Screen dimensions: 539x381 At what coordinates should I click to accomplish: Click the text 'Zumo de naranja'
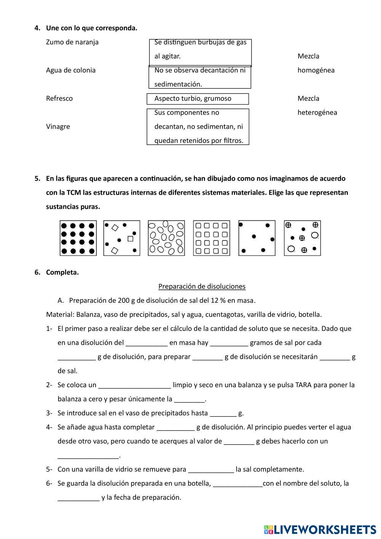click(x=72, y=42)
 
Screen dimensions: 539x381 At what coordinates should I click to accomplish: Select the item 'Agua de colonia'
click(x=71, y=70)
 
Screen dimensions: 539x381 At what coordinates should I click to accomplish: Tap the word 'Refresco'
click(x=59, y=98)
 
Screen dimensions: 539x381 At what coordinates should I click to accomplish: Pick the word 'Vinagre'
click(x=58, y=127)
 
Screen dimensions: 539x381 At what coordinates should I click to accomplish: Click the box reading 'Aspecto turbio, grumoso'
click(x=198, y=99)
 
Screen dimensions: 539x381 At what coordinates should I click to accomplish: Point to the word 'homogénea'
click(x=316, y=70)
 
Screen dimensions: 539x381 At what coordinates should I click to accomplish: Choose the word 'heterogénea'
click(x=317, y=112)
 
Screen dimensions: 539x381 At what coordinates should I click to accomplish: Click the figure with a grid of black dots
click(x=78, y=238)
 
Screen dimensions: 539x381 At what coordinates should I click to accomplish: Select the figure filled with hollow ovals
click(x=166, y=238)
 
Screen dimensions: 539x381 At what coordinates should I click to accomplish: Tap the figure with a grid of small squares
click(x=211, y=238)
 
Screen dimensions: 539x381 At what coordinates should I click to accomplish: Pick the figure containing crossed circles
click(x=303, y=238)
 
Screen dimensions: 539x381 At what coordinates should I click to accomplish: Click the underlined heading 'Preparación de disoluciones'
click(x=202, y=286)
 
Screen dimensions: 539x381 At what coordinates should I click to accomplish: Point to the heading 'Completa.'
click(x=62, y=272)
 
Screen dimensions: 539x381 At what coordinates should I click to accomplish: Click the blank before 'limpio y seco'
click(x=134, y=385)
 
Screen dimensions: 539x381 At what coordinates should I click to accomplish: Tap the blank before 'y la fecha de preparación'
click(x=78, y=498)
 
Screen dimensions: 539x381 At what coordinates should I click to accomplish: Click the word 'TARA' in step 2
click(x=303, y=385)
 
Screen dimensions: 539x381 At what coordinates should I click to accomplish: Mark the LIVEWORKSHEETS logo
click(x=320, y=529)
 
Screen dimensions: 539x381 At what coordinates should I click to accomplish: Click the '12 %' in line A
click(x=218, y=300)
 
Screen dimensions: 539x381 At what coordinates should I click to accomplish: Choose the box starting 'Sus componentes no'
click(x=198, y=127)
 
